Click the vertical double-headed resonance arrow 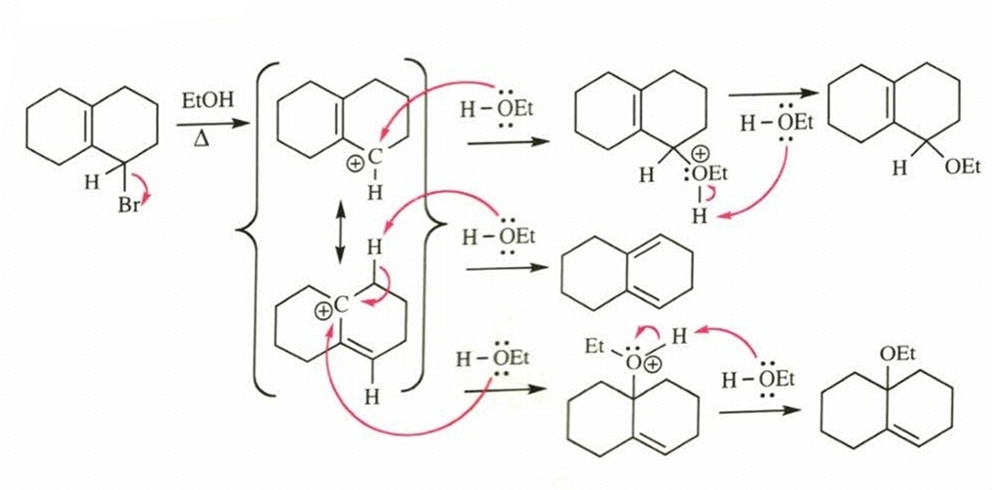[340, 235]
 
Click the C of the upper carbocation [375, 158]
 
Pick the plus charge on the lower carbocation [324, 311]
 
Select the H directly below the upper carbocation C [375, 193]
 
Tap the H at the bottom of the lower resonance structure [373, 397]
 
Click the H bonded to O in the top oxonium [699, 216]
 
